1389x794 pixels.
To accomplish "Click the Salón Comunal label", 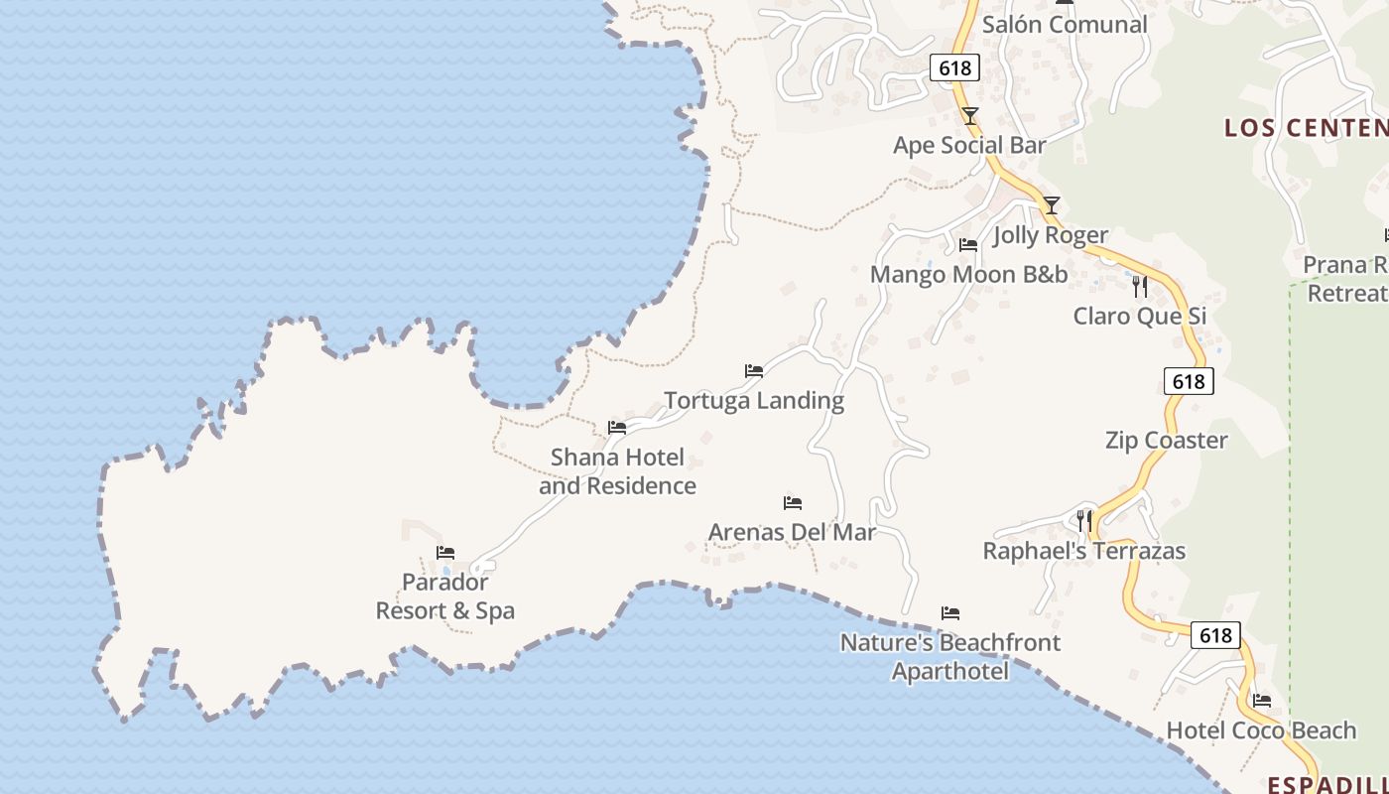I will (1065, 25).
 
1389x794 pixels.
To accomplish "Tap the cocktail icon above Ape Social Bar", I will (970, 116).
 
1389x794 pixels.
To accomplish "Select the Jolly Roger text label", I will (1051, 235).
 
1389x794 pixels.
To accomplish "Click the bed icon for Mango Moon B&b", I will (968, 245).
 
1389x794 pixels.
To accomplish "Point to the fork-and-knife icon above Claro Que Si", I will (1140, 287).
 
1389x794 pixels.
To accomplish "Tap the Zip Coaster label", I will (1166, 440).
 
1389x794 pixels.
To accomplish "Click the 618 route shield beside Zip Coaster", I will (1188, 381).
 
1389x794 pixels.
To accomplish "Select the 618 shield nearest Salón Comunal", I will (954, 67).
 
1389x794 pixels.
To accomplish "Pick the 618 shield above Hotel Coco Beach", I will (1214, 635).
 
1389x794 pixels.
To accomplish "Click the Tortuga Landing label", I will (754, 400).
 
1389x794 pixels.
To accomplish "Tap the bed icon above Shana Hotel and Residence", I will (617, 428).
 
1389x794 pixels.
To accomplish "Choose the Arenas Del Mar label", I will (792, 532).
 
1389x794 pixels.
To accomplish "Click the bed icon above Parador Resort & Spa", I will (445, 553).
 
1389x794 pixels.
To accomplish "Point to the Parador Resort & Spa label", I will (445, 596).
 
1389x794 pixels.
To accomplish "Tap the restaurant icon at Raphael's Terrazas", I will (1084, 520).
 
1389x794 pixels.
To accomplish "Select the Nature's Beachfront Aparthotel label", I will (949, 657).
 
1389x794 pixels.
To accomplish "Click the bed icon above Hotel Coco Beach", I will (1262, 701).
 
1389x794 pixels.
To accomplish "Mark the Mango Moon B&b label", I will (968, 275).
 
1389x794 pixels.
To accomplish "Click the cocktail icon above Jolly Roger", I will (1052, 205).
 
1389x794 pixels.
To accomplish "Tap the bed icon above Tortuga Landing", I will (754, 371).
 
